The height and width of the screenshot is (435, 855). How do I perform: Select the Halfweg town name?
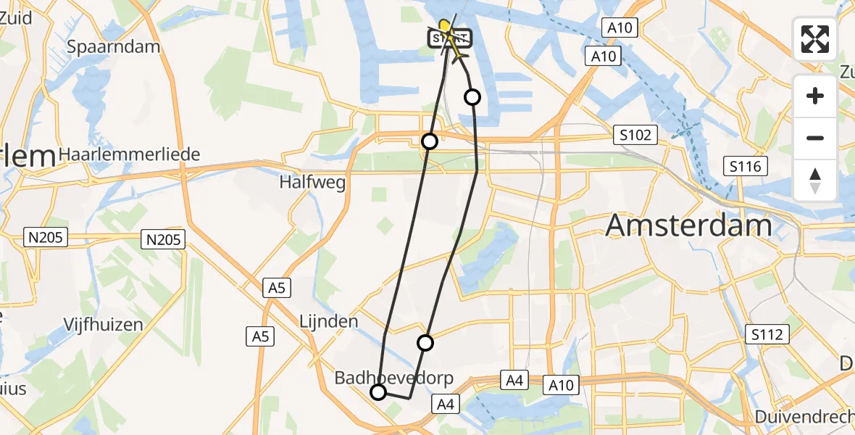312,183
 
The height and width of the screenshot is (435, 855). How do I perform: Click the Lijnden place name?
329,321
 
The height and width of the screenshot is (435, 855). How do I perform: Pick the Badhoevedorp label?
393,378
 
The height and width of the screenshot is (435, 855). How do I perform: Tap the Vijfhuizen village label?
103,324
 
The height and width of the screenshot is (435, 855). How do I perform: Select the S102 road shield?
635,135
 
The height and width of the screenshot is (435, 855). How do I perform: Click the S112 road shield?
766,334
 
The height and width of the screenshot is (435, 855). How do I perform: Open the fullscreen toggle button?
815,39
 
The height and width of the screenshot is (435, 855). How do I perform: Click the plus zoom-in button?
815,96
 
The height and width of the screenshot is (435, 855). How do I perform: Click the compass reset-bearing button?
815,181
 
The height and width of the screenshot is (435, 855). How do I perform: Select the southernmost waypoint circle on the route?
378,392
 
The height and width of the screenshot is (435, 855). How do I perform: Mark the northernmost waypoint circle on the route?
472,96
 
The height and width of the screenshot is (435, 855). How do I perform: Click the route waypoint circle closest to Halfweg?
430,141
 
